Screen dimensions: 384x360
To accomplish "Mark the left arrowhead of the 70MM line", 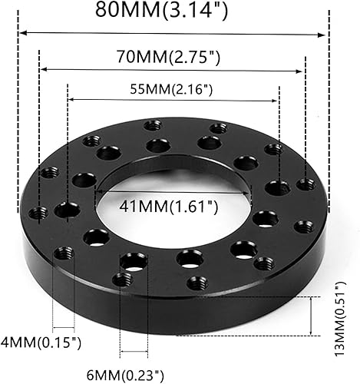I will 42,69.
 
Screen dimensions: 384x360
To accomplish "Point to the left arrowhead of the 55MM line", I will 71,99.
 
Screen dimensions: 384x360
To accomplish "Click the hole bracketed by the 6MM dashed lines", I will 134,263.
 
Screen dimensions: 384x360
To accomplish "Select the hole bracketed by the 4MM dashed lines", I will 62,253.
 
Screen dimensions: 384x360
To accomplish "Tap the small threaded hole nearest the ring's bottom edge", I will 197,283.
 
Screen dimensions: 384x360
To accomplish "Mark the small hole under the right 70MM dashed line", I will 306,184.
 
